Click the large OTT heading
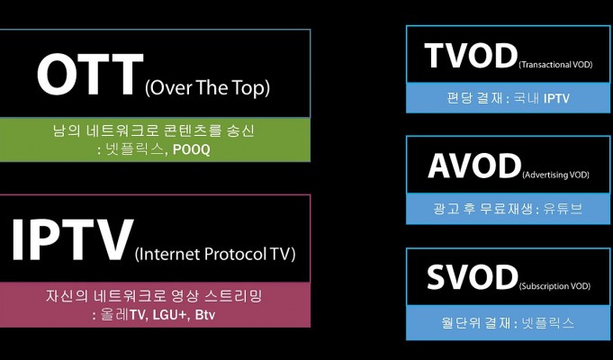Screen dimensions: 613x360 point(90,75)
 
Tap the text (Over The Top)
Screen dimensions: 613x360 point(207,88)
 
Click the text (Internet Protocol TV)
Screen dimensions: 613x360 point(215,255)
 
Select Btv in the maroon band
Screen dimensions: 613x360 point(205,315)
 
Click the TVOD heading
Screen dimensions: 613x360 point(471,56)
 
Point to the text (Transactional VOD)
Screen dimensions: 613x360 point(555,65)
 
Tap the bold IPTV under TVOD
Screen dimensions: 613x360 point(556,98)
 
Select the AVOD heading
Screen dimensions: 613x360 point(474,166)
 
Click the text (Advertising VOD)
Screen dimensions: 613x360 point(555,175)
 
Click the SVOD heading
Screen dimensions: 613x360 point(473,276)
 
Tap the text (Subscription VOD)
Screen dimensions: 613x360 point(554,286)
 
